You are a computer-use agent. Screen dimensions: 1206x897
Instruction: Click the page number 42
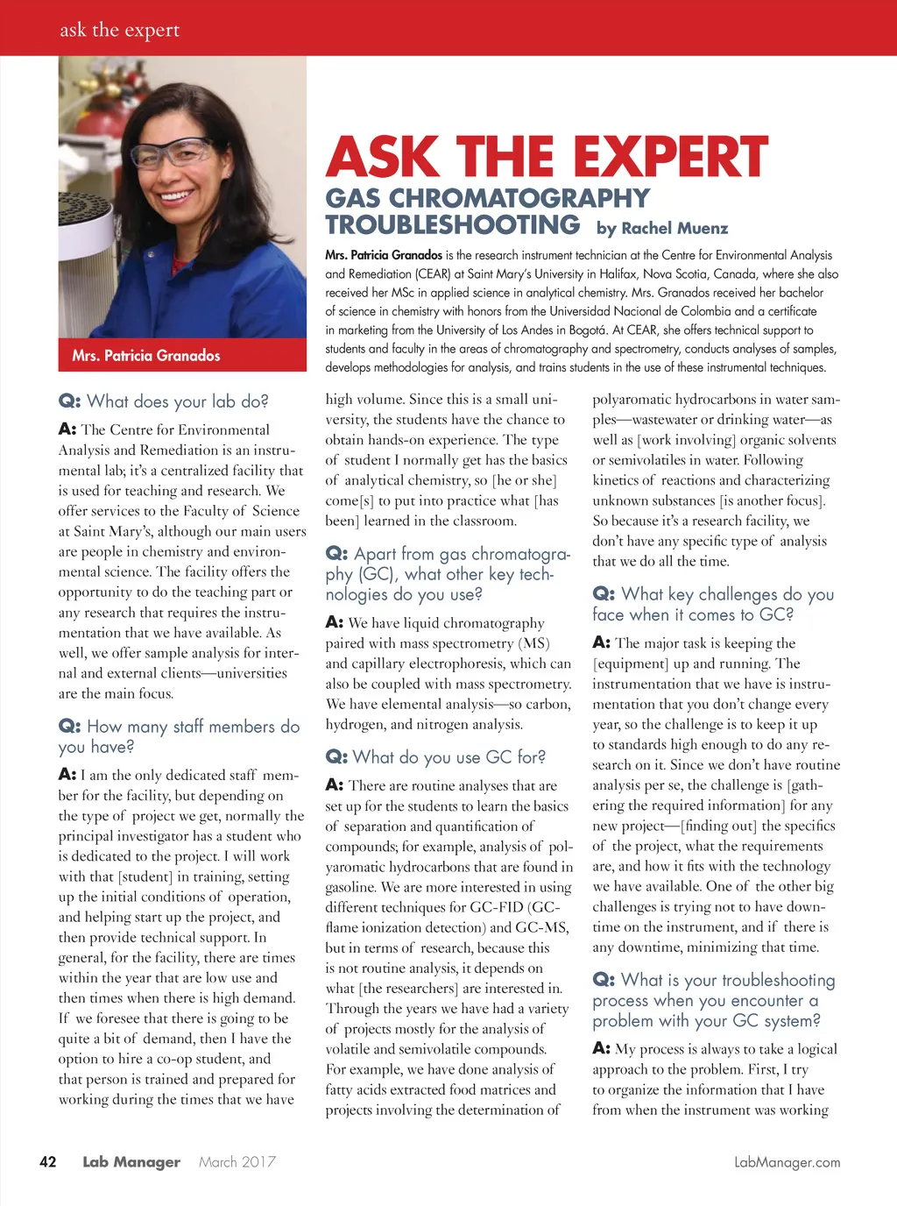pos(48,1162)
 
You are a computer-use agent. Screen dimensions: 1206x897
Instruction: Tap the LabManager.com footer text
pos(787,1162)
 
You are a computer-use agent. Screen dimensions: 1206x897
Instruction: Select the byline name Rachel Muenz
pos(675,229)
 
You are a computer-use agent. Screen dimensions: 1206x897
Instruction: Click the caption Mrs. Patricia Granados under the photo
pos(146,355)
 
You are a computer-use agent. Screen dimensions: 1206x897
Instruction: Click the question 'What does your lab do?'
pos(164,401)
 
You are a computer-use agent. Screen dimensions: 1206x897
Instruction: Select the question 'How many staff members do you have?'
pos(179,736)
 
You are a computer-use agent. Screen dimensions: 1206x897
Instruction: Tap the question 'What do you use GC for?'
pos(435,757)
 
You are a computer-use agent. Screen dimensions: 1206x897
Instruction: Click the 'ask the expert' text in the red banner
pos(119,30)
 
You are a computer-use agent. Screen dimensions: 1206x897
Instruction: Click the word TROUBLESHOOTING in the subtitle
pos(453,225)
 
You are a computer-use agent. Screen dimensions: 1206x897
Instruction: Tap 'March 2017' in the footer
pos(237,1162)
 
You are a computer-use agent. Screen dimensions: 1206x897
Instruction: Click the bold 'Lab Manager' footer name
pos(131,1162)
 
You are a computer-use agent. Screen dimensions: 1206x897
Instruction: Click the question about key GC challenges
pos(713,604)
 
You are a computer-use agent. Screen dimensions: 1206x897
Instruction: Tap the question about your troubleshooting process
pos(713,1000)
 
